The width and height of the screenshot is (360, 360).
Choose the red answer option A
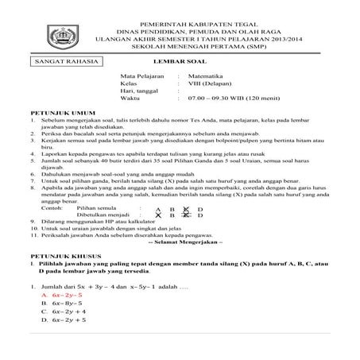[61, 316]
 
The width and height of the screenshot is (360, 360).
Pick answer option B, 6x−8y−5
[61, 325]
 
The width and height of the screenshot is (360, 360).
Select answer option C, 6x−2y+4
[62, 334]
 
